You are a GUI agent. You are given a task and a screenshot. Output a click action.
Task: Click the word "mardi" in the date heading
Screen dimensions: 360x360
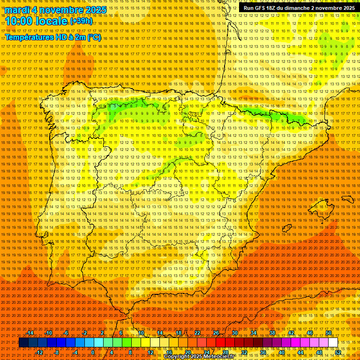17,10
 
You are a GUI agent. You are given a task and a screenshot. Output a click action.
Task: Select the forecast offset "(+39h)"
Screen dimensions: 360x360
82,22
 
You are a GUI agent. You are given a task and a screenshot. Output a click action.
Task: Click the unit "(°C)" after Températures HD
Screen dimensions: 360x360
94,37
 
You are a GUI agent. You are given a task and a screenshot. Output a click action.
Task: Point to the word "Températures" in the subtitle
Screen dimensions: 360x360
32,37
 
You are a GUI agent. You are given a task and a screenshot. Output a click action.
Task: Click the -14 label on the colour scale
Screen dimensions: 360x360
30,333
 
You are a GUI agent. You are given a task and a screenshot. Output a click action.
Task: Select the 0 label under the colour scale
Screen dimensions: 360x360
93,352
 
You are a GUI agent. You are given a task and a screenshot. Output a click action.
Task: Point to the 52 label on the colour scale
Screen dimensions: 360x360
337,352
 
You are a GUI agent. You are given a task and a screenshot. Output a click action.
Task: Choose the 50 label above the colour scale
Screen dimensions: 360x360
329,333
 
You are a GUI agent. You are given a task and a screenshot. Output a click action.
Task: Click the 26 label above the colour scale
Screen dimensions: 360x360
216,333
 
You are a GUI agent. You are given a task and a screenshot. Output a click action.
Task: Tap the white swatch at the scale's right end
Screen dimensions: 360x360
333,343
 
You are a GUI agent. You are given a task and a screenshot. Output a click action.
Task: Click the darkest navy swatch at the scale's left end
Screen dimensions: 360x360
23,343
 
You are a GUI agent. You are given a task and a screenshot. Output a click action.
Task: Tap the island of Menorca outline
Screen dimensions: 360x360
348,199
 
